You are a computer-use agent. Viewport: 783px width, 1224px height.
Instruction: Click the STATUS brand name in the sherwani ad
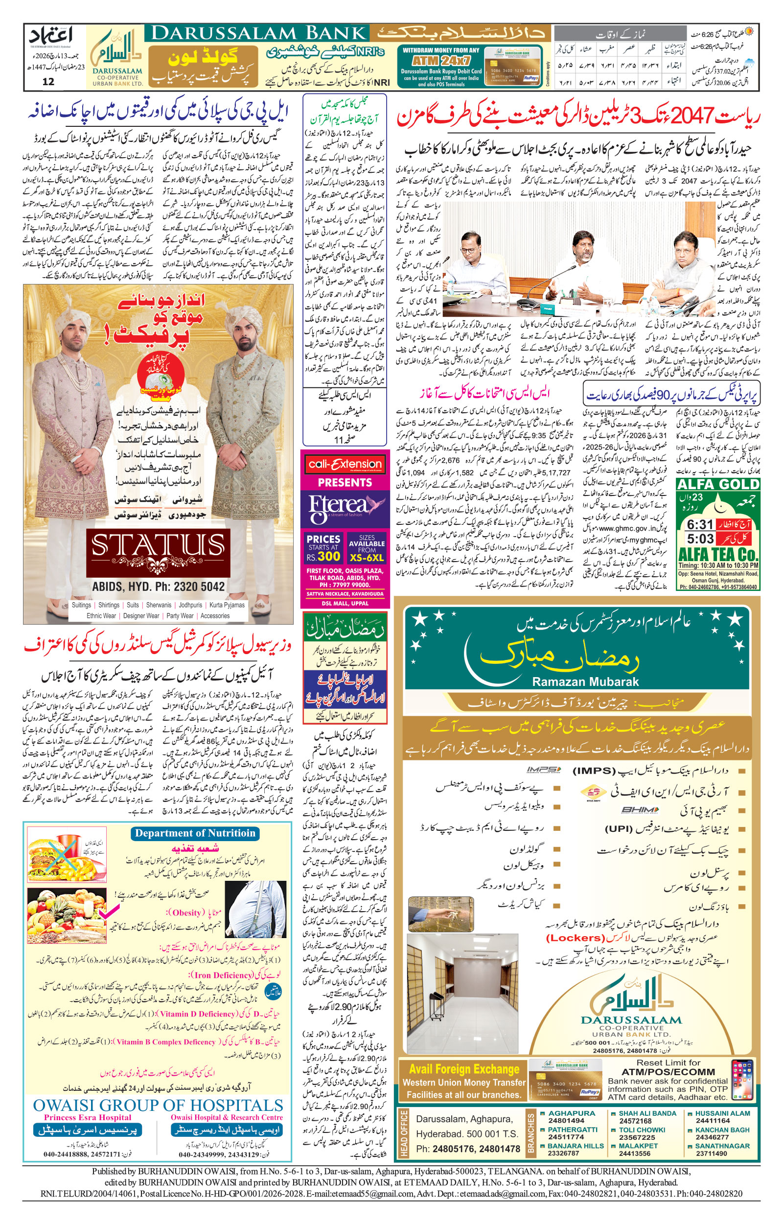[x=158, y=546]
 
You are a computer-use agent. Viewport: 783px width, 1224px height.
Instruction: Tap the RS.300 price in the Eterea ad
[x=323, y=556]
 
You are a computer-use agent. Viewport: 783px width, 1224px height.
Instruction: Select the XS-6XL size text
[x=367, y=557]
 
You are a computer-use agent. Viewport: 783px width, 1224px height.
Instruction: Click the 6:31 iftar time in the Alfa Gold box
[x=700, y=524]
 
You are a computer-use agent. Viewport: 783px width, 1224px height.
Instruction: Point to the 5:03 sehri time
[x=700, y=539]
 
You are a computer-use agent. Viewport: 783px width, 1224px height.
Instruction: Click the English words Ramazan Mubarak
[x=585, y=682]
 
